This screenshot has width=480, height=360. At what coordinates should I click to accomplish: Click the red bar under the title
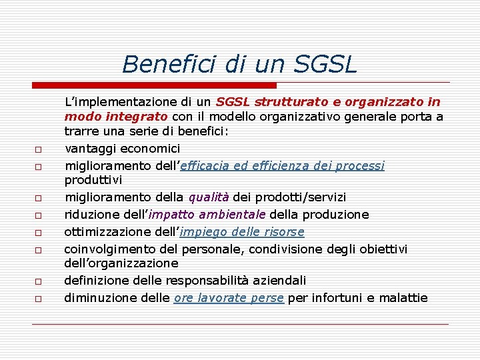155,85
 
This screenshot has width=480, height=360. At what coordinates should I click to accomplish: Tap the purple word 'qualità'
209,197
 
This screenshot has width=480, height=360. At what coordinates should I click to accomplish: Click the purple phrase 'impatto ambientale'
207,215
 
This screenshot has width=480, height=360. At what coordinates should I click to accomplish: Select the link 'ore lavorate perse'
229,298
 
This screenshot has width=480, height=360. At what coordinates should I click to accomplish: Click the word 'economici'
148,148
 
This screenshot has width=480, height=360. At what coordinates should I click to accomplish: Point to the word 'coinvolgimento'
111,249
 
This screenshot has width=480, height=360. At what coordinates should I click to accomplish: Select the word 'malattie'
403,298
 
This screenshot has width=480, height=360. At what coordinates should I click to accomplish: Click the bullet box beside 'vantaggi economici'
39,149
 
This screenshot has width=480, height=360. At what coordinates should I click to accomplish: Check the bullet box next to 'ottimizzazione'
39,233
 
